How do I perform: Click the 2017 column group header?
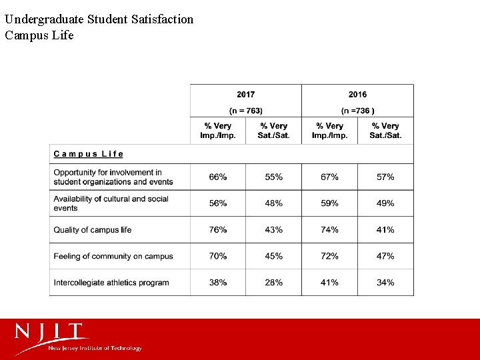245,94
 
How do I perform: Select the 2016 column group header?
357,94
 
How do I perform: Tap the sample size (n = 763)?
245,110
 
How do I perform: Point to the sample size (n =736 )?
357,110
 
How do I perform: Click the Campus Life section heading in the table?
89,154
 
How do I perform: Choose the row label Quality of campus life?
93,230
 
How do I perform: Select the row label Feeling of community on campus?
113,256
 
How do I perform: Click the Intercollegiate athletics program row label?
111,283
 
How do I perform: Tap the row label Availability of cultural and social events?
111,203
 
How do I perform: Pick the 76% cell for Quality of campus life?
218,230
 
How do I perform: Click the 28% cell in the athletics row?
274,283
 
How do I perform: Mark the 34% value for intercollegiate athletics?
385,283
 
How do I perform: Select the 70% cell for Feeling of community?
218,256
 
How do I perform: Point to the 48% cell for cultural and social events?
274,203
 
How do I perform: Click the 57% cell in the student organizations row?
385,177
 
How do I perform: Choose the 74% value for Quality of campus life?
329,230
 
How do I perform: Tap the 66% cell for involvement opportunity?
218,177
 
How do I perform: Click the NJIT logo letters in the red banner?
52,332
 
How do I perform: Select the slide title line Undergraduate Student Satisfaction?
99,19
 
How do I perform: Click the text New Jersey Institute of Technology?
95,348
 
